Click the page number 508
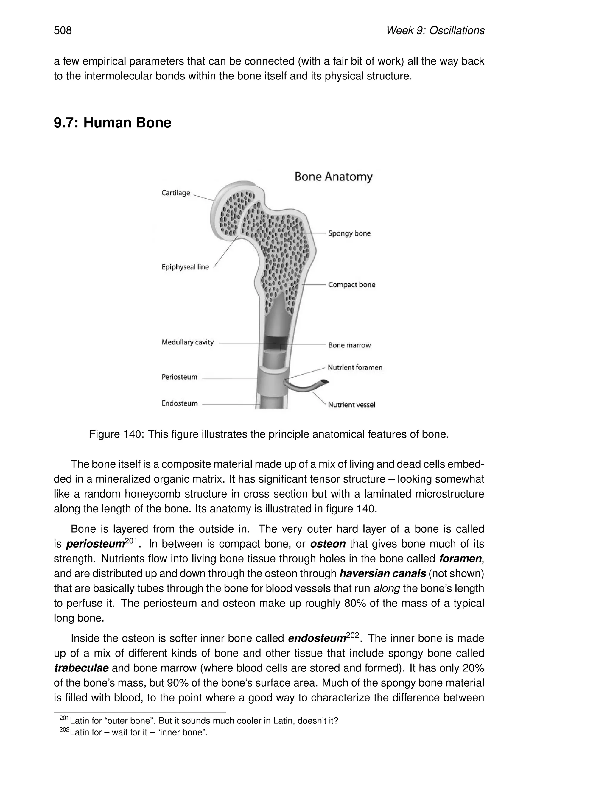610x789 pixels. [63, 30]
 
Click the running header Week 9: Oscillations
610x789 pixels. [435, 30]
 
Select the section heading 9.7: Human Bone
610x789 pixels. [112, 123]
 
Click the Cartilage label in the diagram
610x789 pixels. [176, 193]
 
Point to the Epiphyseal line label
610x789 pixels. [185, 267]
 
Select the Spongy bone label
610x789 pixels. [349, 233]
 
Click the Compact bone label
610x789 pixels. [351, 285]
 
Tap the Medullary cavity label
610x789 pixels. [188, 342]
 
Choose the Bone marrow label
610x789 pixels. [349, 345]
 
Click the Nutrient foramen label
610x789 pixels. [354, 368]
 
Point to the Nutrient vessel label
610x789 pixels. [351, 405]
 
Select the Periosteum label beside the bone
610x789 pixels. [179, 377]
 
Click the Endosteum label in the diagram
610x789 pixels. [179, 403]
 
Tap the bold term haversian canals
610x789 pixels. [383, 574]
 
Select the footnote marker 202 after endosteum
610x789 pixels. [352, 635]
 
